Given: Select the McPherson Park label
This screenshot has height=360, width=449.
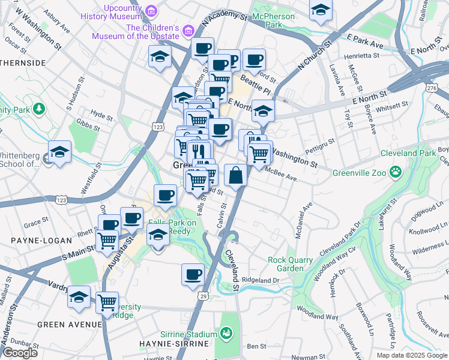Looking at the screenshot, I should (274, 21).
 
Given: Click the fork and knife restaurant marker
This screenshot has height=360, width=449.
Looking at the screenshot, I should (200, 152).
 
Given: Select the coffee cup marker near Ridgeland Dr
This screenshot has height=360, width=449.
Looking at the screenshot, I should (192, 274).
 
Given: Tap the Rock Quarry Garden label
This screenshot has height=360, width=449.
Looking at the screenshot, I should (290, 264).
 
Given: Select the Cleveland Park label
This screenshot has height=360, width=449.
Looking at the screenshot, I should (411, 153).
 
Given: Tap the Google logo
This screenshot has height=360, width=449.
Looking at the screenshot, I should (19, 353).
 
